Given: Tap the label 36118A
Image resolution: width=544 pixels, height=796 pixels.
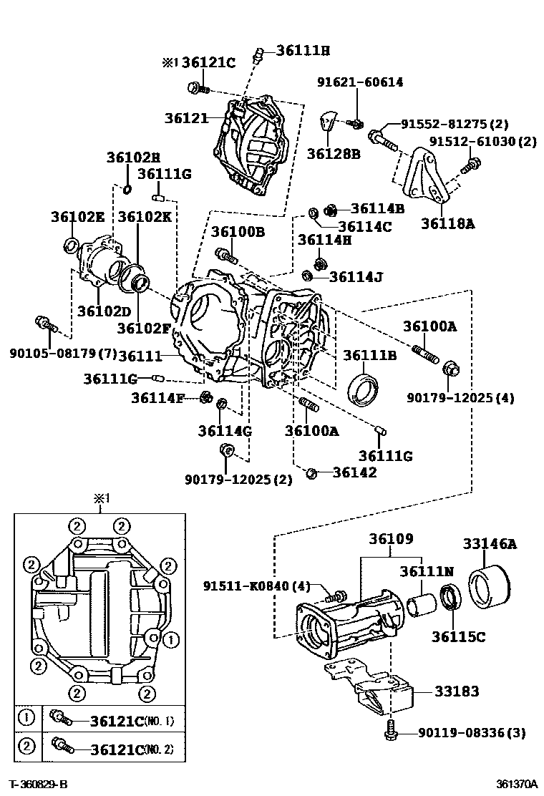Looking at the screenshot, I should tap(447, 223).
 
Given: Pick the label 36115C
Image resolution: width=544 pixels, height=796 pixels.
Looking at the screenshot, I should tap(458, 635).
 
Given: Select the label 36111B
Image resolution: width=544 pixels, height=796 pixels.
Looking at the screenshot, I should tap(369, 355).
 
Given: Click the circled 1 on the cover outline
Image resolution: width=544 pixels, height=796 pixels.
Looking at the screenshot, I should tap(170, 637).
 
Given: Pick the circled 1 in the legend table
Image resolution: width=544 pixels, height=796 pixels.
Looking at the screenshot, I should tap(26, 718).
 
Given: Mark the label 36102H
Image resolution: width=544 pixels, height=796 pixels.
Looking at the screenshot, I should tap(133, 157).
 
